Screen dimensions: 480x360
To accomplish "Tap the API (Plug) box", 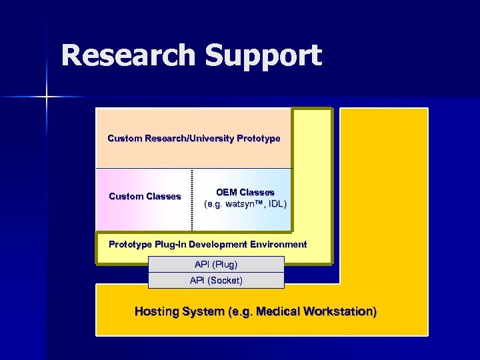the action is coord(216,264).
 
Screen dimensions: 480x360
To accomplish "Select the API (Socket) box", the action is coord(216,281).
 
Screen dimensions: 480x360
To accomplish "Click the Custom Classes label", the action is coord(145,196).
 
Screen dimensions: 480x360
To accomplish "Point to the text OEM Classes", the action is coord(245,192).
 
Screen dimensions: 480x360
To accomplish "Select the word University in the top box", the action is coord(207,139).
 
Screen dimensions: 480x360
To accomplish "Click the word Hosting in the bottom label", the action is coord(157,311).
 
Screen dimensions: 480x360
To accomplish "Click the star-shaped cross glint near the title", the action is coord(47,97).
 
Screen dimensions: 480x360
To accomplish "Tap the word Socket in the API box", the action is coord(225,281).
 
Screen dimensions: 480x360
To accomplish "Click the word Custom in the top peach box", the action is coord(125,139).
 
